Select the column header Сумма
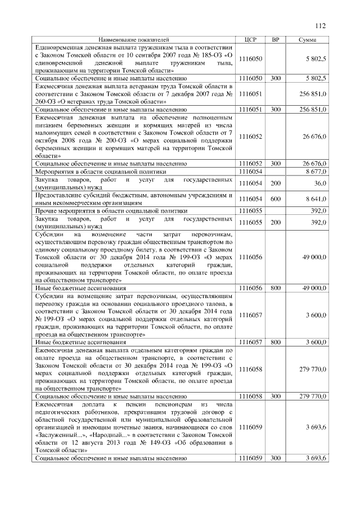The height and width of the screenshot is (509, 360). (307, 40)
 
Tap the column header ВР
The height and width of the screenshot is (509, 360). (275, 40)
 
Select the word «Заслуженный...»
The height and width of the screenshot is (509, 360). (60, 435)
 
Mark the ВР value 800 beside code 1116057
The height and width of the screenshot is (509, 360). (275, 341)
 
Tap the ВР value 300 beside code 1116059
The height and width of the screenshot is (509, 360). (275, 458)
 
